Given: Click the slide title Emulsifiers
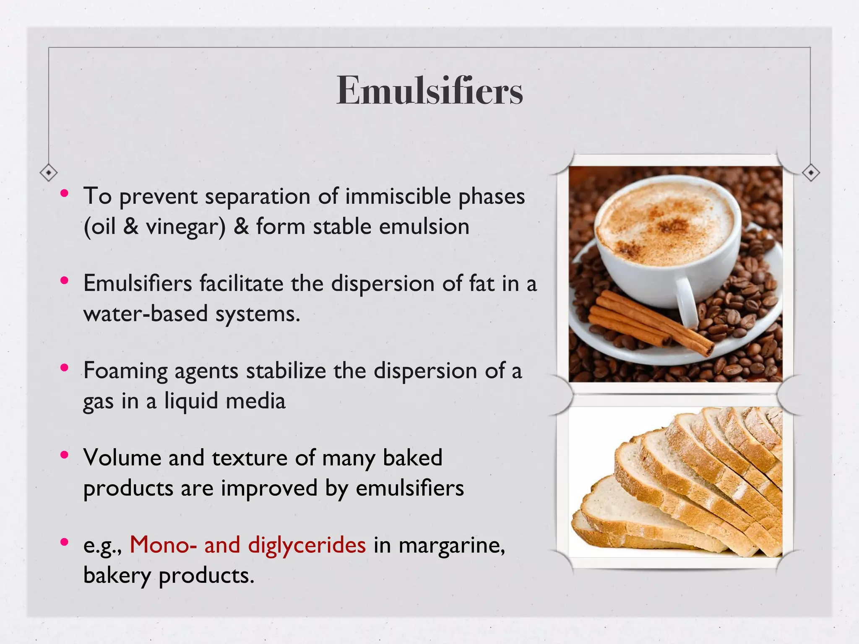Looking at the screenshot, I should pos(429,91).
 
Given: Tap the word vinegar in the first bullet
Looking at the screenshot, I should pos(185,227).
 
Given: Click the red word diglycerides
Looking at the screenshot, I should pos(307,545).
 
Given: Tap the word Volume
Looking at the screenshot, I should pos(122,457).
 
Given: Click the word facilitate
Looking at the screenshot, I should pos(241,283).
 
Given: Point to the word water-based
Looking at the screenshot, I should pos(146,314).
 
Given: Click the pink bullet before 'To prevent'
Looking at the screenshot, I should pos(64,194).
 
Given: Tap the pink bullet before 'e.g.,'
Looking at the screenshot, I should pos(64,543).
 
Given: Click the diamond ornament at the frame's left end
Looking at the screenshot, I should pos(49,172).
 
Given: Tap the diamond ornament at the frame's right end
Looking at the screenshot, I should pos(811,172).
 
